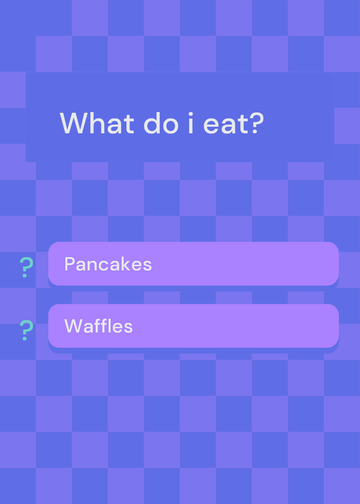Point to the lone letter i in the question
click(190, 123)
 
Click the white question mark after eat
click(257, 123)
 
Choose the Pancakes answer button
click(194, 263)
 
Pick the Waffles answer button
click(194, 326)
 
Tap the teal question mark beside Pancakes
click(26, 267)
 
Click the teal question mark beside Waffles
click(26, 330)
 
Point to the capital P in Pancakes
click(69, 264)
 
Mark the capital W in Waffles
click(74, 326)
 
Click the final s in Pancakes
click(147, 266)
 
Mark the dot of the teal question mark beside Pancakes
click(25, 275)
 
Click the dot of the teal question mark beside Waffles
click(25, 338)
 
